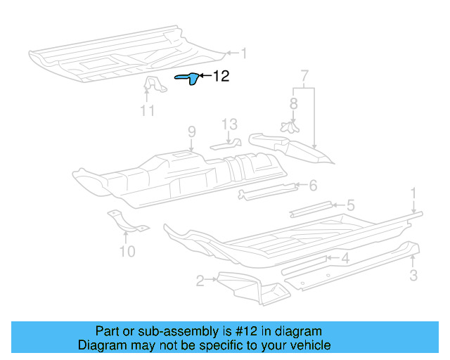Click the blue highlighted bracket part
[188, 79]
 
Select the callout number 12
[221, 76]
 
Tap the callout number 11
[147, 110]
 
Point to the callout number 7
[304, 75]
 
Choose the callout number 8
[293, 103]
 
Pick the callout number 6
[313, 185]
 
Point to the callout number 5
[350, 205]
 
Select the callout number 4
[345, 258]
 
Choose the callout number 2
[200, 281]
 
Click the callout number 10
[127, 250]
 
